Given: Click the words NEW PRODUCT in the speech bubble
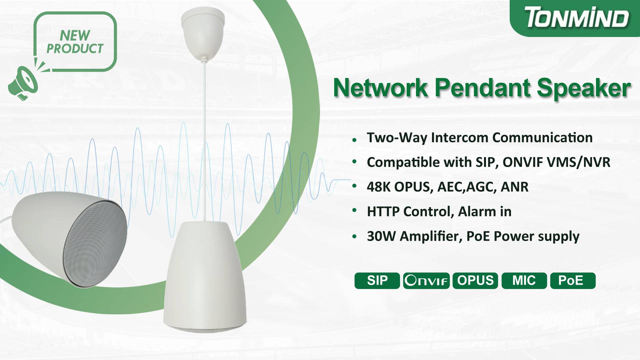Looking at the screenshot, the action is pos(75,42).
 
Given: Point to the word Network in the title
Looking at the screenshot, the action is pos(380,88).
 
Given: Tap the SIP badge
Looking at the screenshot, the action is pos(377,280).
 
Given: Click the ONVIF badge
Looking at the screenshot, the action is pos(426,280).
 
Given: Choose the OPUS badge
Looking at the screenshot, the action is pos(475,280).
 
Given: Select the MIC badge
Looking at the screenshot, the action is pos(524,280).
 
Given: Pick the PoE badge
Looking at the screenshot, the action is pos(573,280).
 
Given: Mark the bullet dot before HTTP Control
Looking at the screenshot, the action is pos(355,211).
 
